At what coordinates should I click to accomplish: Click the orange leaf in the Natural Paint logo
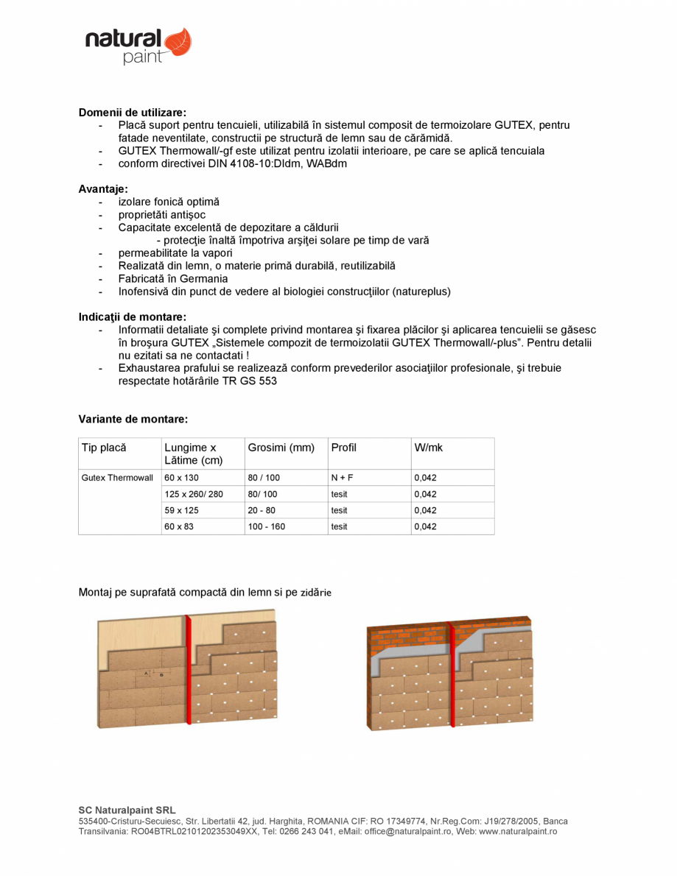coord(178,43)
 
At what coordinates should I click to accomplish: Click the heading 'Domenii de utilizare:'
coord(133,113)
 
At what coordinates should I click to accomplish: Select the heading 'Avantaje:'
coord(103,189)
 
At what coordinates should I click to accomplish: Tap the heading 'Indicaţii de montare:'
coord(133,317)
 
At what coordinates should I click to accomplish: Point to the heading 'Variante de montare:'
coord(133,419)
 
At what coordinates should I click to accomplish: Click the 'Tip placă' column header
coord(104,448)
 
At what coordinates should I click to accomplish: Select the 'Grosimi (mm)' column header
coord(281,448)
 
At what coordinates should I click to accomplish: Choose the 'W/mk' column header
coord(429,448)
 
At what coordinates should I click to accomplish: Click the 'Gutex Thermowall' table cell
coord(117,478)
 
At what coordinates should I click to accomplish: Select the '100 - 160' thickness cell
coord(266,527)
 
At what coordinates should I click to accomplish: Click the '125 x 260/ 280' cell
coord(193,495)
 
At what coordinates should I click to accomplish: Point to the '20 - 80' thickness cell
coord(262,511)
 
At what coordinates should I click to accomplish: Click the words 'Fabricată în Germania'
coord(173,279)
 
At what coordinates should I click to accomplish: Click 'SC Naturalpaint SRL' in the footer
coord(127,810)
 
